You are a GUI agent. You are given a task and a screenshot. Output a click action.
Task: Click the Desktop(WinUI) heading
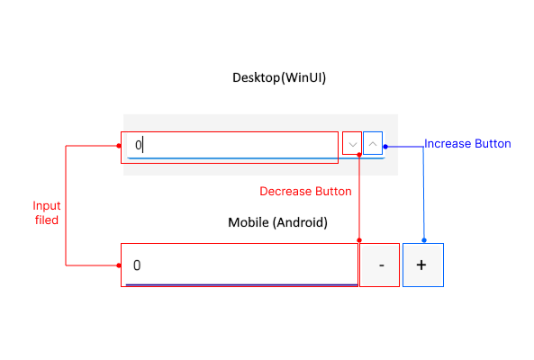coord(279,78)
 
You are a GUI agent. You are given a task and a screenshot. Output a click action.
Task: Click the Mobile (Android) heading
coord(277,221)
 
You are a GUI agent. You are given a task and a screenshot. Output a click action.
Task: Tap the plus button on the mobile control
coord(422,265)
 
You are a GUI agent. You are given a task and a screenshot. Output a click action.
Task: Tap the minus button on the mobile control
coord(381,265)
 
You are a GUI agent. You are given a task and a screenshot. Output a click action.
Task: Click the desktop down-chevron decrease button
coord(352,144)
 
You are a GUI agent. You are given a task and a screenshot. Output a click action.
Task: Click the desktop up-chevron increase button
coord(373,144)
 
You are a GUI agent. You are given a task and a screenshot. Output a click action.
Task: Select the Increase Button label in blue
coord(467,144)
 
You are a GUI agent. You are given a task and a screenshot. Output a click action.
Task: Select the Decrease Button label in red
coord(305,191)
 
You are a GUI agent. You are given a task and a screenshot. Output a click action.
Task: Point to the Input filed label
coord(47,212)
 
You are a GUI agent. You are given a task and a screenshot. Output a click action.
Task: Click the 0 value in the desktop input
coord(139,145)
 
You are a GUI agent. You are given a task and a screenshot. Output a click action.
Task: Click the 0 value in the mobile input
coord(137,265)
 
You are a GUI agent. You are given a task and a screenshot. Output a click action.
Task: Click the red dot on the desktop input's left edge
coord(120,144)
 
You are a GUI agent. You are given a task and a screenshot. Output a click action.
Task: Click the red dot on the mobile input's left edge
coord(120,265)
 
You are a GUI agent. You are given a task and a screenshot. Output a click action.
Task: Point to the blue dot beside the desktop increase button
coord(385,144)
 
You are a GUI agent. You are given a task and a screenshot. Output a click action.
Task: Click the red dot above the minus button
coord(360,241)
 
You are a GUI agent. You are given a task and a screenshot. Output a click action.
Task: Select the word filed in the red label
coord(47,220)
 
